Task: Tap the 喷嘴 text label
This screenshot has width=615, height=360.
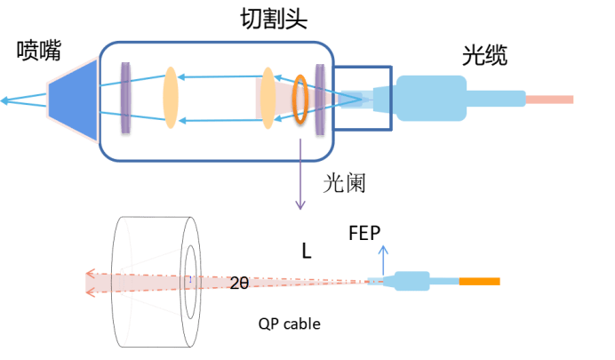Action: click(39, 52)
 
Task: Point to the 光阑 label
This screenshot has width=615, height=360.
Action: click(344, 184)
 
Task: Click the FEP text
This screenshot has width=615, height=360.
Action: click(365, 233)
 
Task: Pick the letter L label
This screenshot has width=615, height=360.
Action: click(307, 252)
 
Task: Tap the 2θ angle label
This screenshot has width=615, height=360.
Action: click(239, 284)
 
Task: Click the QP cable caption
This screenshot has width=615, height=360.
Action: click(290, 324)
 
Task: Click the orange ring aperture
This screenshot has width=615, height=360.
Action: click(301, 100)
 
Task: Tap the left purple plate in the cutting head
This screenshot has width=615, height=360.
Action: click(125, 99)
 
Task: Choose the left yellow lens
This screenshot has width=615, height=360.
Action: click(170, 99)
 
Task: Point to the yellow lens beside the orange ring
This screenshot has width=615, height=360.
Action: click(267, 99)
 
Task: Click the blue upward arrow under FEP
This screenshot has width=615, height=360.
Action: click(384, 257)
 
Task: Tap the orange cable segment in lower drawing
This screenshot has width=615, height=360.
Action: click(480, 282)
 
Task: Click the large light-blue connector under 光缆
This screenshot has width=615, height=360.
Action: click(431, 98)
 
